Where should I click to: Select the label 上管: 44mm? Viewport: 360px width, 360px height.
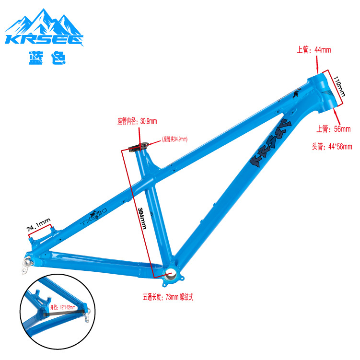[314, 50]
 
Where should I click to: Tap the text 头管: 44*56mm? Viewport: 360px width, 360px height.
[332, 147]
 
